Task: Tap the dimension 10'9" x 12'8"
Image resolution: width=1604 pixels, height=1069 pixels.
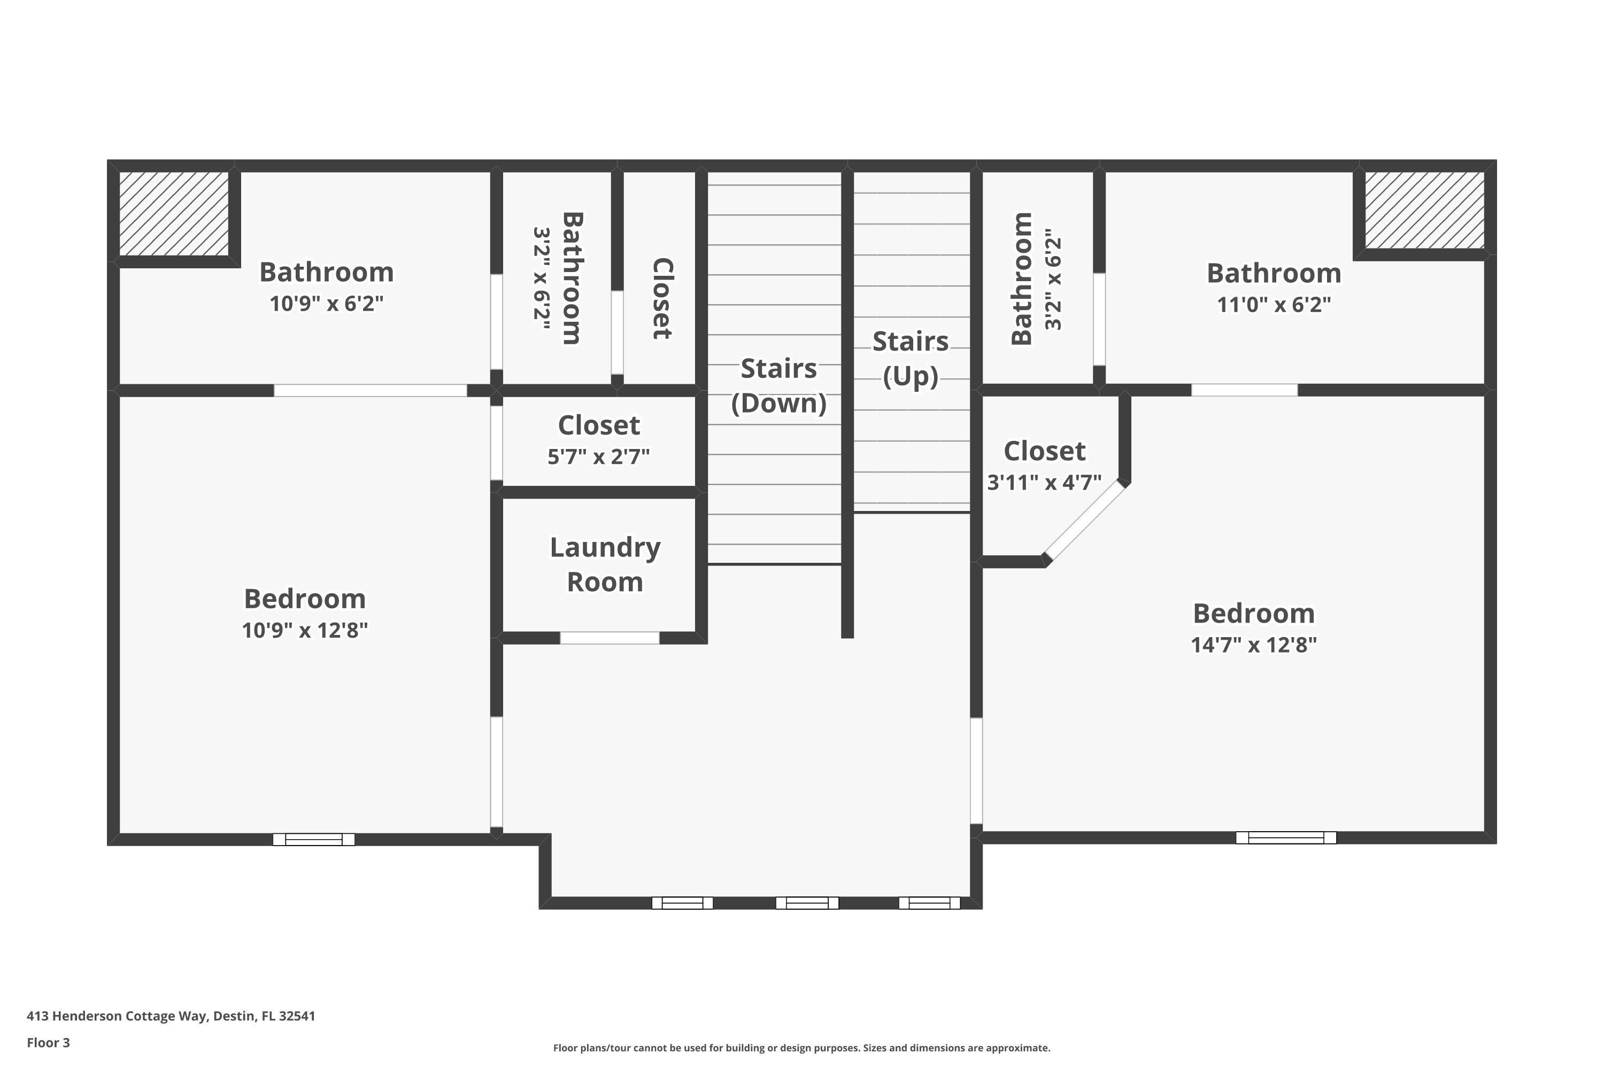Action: tap(305, 630)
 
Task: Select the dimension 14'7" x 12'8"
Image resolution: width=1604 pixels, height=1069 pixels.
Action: tap(1253, 644)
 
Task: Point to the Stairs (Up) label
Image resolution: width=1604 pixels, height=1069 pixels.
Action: tap(911, 359)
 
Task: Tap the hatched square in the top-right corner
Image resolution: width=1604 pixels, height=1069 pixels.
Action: tap(1424, 210)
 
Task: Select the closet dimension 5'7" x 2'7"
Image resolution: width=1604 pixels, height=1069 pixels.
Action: tap(599, 456)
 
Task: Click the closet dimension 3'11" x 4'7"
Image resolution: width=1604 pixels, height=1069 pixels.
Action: tap(1044, 482)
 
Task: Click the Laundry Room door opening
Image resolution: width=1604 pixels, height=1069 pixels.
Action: tap(610, 638)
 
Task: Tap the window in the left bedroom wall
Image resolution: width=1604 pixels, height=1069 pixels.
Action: tap(314, 839)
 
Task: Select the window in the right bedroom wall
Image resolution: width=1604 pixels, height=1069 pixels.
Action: tap(1285, 838)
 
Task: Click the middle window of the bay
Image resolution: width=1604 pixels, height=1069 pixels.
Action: tap(807, 903)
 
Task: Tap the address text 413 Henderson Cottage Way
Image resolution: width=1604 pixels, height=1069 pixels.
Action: tap(171, 1016)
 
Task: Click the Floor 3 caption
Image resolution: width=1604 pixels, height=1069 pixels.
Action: tap(49, 1042)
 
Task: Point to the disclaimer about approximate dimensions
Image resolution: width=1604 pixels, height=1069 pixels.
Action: tap(801, 1048)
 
